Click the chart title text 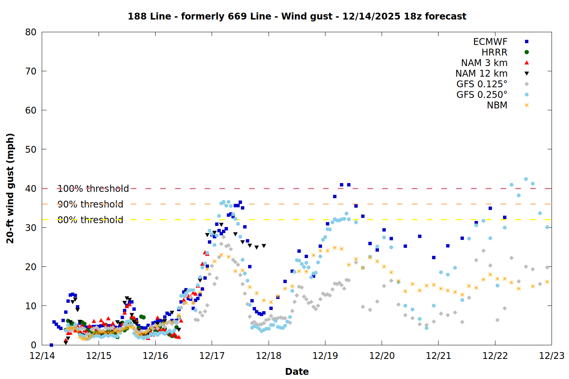coord(297,16)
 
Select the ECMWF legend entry coord(490,42)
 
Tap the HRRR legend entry coord(494,52)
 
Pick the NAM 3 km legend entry coord(484,63)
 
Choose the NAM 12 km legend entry coord(481,74)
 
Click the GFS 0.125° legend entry coord(482,84)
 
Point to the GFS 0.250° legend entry coord(482,95)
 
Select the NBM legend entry coord(497,105)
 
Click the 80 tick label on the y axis coord(31,32)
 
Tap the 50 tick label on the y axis coord(31,149)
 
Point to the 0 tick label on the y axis coord(34,345)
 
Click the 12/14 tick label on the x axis coord(42,356)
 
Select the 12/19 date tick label coord(325,356)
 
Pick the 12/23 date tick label coord(552,356)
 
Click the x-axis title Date coord(297,371)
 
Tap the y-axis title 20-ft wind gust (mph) coord(10,188)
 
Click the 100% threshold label coord(93,189)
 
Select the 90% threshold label coord(90,204)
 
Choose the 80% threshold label coord(90,220)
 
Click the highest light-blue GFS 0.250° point coord(526,179)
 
